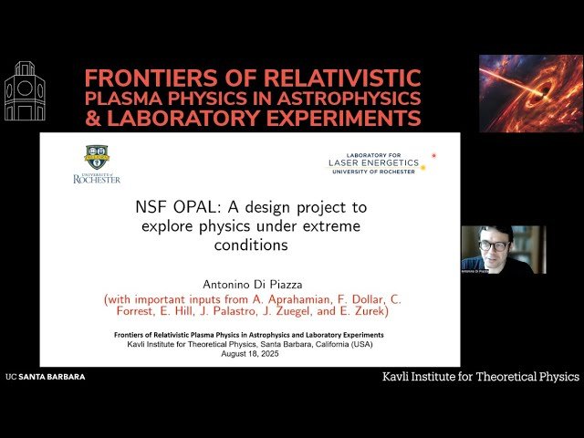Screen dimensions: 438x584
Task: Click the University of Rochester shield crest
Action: pyautogui.click(x=96, y=156)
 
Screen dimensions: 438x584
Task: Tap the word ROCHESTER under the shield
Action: pyautogui.click(x=96, y=180)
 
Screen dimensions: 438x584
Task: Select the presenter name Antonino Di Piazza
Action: pyautogui.click(x=249, y=282)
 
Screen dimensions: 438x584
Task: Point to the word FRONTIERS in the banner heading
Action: pyautogui.click(x=141, y=77)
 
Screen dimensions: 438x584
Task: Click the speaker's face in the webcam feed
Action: pyautogui.click(x=495, y=244)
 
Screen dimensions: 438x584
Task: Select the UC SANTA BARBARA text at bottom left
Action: pyautogui.click(x=45, y=376)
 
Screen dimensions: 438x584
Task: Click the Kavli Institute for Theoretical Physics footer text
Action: pyautogui.click(x=479, y=376)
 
